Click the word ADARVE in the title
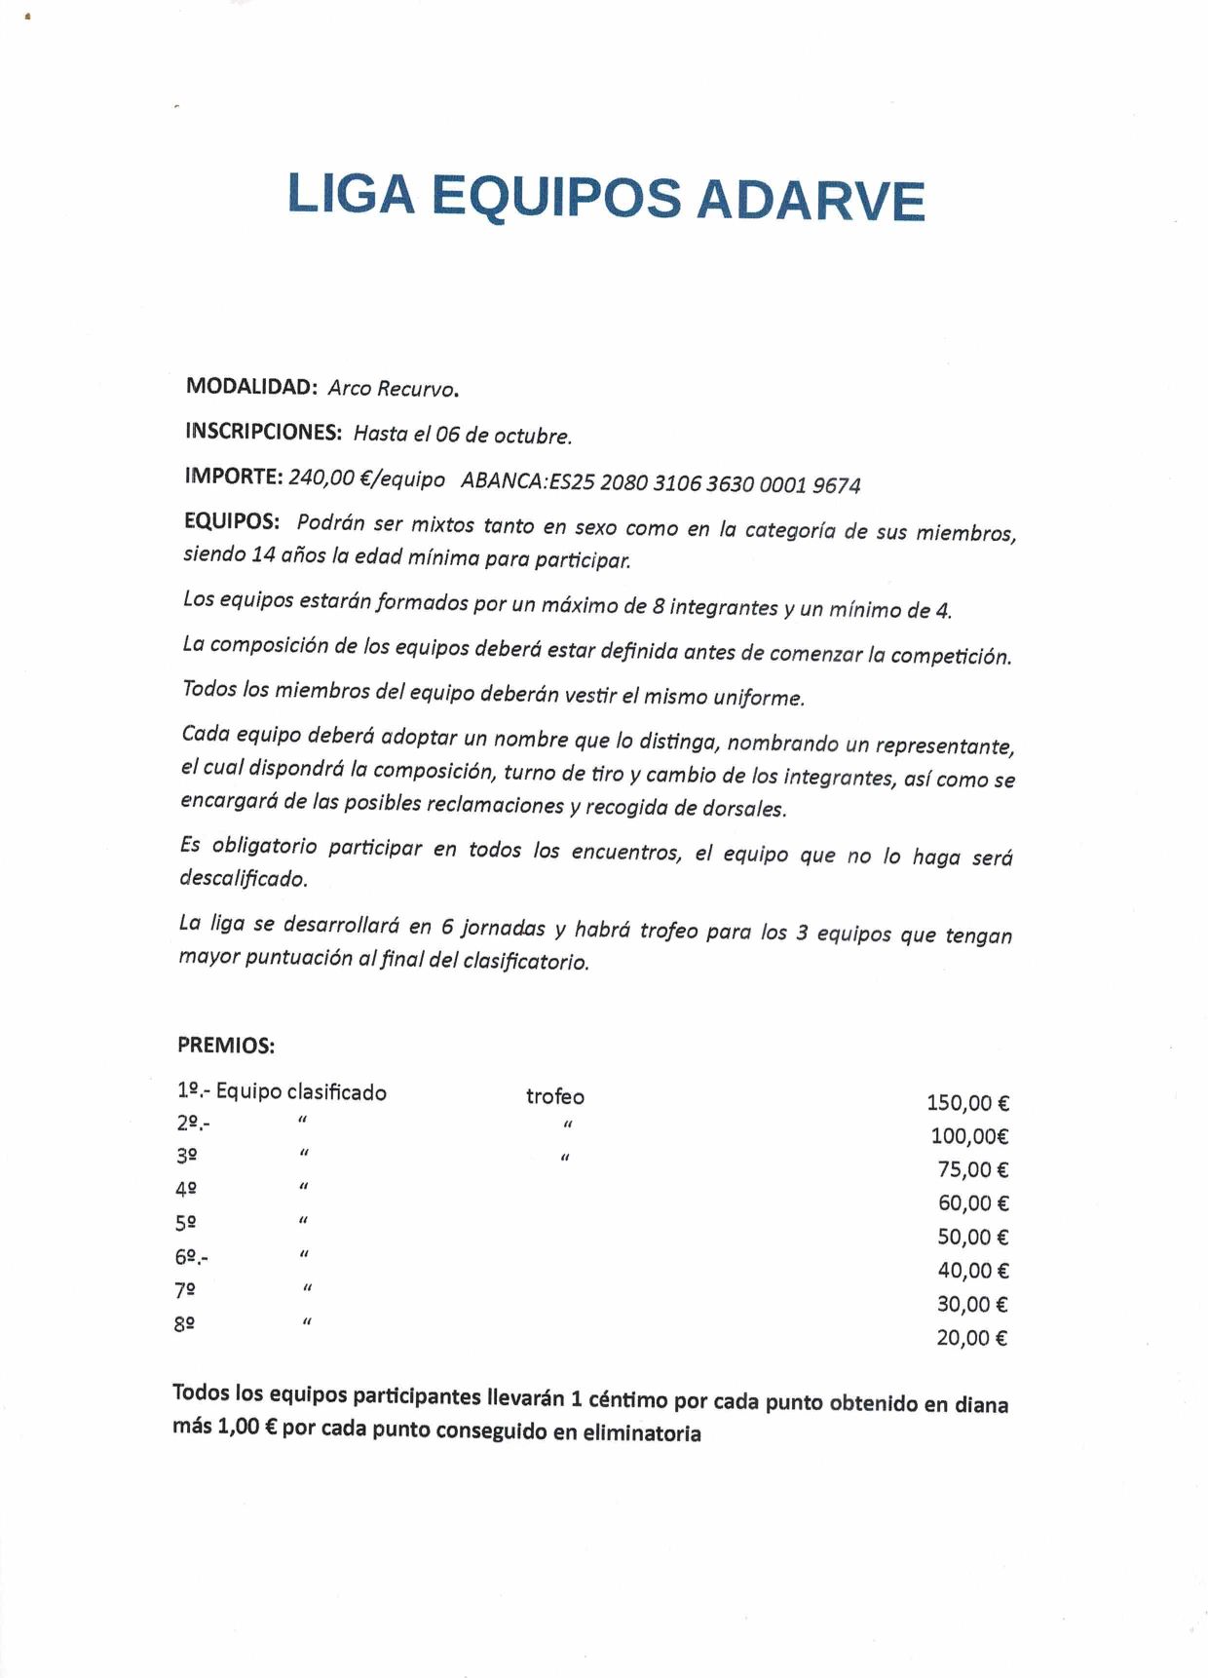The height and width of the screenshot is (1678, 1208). coord(810,200)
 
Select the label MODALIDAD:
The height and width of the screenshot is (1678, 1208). coord(251,386)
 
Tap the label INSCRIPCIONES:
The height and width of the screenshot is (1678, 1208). coord(263,431)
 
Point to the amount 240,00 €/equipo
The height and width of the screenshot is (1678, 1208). coord(367,478)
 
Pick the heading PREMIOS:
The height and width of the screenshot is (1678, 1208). coord(226,1046)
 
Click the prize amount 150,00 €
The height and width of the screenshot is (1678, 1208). coord(967,1103)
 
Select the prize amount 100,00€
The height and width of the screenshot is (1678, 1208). coord(969,1136)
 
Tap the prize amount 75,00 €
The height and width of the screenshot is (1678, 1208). coord(972,1169)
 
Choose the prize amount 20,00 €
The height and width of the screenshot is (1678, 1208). coord(971,1338)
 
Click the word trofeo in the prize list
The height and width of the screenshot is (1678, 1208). coord(555,1096)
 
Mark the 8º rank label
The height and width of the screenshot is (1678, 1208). coord(184,1323)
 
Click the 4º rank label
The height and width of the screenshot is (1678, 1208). coord(186,1189)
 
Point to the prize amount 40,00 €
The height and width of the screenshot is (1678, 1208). coord(972,1271)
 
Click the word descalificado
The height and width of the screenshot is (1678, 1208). coord(243,878)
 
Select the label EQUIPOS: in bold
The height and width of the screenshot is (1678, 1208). coord(232,520)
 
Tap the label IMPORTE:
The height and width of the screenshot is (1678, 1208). coord(234,476)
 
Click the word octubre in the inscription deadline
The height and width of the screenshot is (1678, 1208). coord(532,436)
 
